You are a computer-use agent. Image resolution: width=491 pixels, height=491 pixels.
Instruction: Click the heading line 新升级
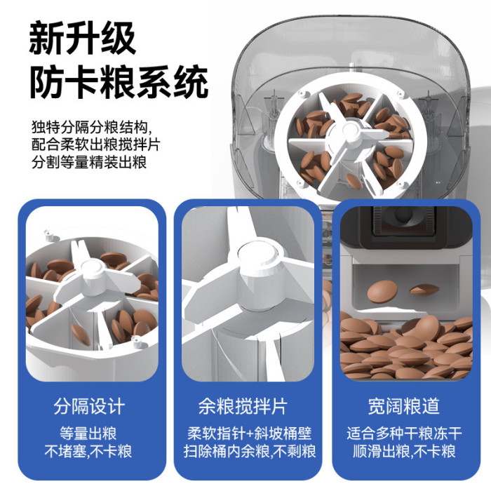pos(82,38)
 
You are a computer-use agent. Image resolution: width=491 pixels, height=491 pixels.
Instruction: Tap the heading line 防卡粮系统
pos(119,82)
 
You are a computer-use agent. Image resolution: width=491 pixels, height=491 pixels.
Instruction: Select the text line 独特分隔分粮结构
pos(91,127)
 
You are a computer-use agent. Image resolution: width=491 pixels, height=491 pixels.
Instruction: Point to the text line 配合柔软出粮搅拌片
pos(96,144)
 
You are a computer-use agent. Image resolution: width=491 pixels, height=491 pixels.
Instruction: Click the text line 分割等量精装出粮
pos(89,162)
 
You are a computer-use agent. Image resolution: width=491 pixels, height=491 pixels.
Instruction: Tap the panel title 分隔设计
pos(89,406)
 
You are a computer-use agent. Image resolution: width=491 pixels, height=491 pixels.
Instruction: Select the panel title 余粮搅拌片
pos(243,406)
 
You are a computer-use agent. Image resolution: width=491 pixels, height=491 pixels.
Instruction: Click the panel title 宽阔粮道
pos(404,406)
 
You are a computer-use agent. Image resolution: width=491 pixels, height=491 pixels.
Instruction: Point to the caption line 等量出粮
pos(88,433)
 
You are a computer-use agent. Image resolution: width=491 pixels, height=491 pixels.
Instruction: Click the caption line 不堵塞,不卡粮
pos(88,451)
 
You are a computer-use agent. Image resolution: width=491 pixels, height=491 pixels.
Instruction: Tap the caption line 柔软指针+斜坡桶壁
pos(250,433)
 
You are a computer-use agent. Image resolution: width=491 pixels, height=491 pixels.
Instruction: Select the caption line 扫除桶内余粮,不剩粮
pos(250,451)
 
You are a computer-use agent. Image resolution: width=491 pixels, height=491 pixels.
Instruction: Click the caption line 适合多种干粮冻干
pos(404,433)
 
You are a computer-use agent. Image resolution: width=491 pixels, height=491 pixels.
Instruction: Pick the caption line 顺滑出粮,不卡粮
pos(404,451)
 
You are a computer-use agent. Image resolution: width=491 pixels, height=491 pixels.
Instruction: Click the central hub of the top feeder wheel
pos(351,132)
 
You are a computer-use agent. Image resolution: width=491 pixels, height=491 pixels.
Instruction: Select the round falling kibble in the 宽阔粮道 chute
pos(382,291)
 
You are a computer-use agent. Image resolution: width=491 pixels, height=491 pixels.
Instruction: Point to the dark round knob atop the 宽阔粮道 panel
pos(403,214)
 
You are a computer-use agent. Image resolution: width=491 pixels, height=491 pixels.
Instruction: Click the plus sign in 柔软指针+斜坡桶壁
pos(250,434)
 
